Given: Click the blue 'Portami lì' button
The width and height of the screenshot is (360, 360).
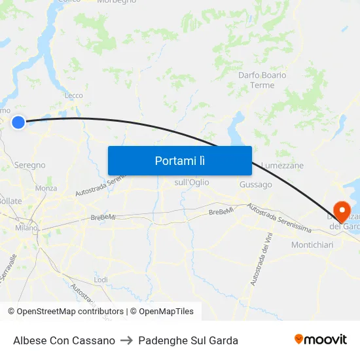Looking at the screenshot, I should pos(180,160).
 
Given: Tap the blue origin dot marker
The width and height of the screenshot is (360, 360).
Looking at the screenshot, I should pos(18,122).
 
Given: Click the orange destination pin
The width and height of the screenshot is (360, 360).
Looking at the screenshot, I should pos(342,211).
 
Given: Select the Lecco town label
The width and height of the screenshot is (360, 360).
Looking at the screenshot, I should pos(73,96).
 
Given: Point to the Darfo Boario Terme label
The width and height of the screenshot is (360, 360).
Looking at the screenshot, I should pos(262,80).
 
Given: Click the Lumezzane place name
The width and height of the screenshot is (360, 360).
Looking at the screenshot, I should pos(282,166).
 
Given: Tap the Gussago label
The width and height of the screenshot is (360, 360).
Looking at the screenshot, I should pos(255,185).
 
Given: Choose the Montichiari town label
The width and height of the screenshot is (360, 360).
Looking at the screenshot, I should pos(312,244).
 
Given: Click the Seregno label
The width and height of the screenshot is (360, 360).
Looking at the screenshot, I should pos(29,166).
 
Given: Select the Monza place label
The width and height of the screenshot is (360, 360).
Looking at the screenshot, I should pos(46,188).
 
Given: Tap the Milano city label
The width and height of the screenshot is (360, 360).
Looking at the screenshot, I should pos(27,228).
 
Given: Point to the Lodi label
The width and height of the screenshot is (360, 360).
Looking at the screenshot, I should pos(101,279).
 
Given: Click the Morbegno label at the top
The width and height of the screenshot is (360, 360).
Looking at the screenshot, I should pos(117,2).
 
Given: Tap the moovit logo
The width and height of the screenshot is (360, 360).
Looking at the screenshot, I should pos(321,339).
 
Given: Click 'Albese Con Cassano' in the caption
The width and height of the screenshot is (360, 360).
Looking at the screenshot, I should pos(64,340).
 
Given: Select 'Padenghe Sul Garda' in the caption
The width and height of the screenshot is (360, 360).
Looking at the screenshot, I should pos(188,340).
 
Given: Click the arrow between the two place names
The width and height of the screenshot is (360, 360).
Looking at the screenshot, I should pos(126,340).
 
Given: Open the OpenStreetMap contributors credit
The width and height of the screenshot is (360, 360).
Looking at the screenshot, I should pos(70,312).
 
